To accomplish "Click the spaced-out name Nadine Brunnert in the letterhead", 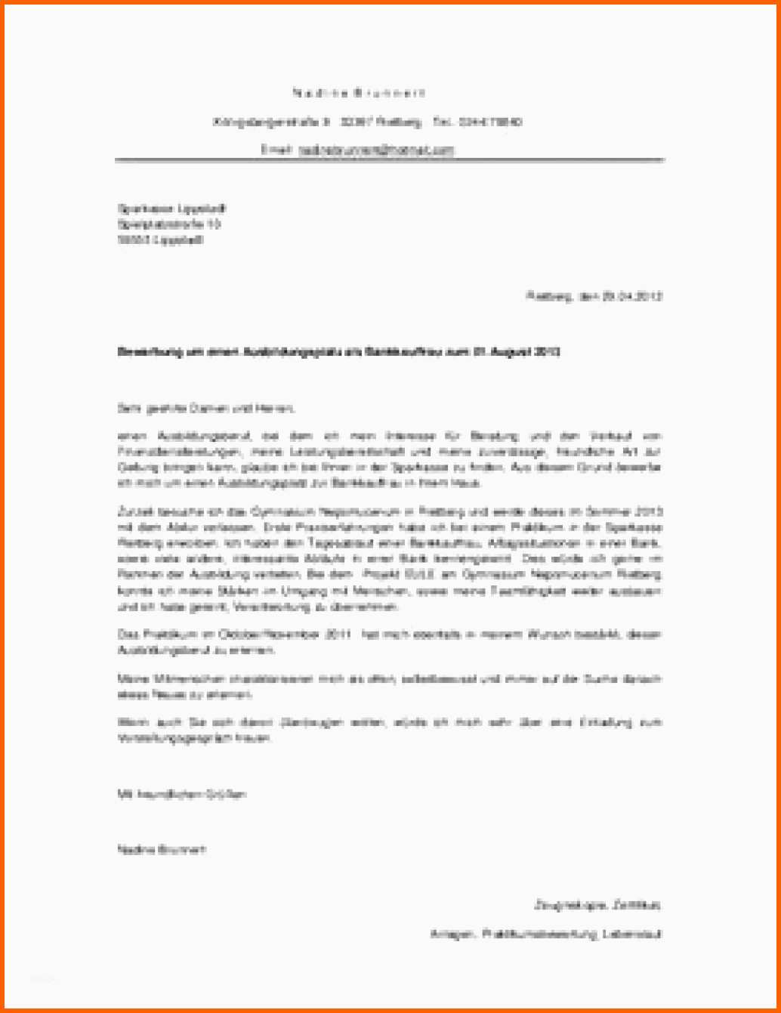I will (359, 93).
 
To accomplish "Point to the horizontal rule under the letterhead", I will (389, 160).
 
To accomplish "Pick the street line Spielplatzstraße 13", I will (169, 224).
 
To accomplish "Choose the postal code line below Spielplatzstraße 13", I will (161, 240).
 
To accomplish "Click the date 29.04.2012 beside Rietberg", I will (631, 296).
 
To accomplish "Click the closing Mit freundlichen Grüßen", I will (181, 794).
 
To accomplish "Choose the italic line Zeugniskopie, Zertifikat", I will (597, 904).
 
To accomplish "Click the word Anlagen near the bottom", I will (451, 934).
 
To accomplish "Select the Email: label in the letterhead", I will (276, 150).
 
